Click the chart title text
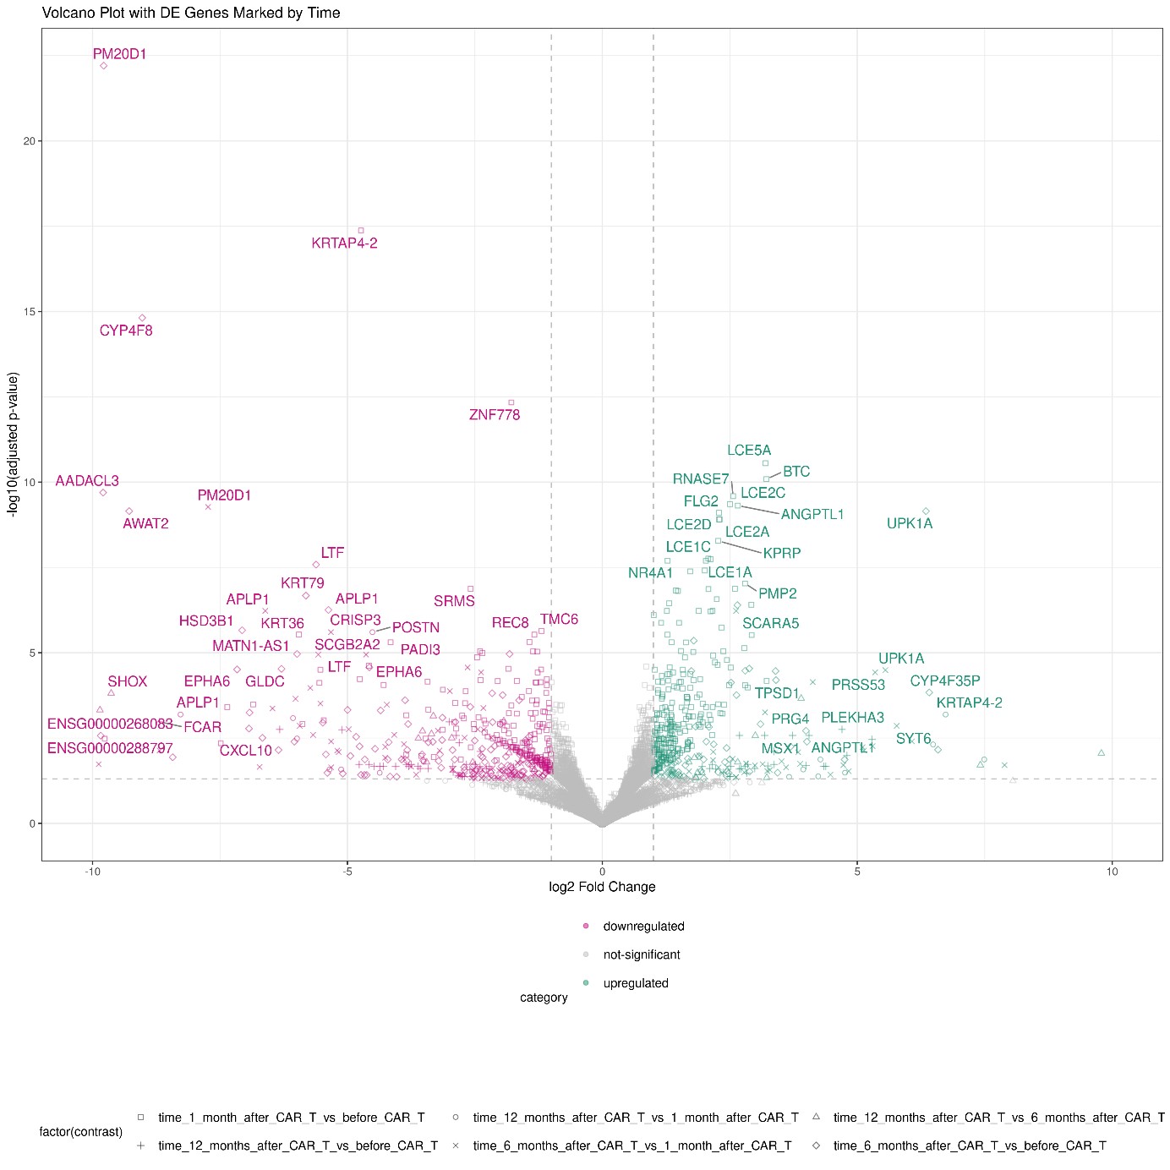191,14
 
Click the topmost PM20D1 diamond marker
104,66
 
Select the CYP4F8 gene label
126,331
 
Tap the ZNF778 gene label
495,415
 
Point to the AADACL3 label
87,481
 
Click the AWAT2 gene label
145,523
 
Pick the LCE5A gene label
749,451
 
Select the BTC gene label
796,472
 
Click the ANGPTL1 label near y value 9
812,514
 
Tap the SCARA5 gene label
770,623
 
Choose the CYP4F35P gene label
945,681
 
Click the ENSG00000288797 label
110,748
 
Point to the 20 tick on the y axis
30,141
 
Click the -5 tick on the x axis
347,872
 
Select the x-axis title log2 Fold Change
602,887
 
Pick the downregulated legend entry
643,927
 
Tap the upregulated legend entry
636,983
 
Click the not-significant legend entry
642,954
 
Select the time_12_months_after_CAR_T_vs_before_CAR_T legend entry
298,1146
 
